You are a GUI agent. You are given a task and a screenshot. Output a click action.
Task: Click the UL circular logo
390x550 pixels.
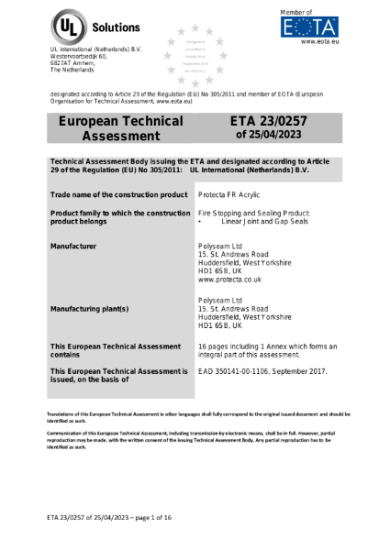(69, 25)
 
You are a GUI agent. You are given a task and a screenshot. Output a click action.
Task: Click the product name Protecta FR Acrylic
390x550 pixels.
(233, 196)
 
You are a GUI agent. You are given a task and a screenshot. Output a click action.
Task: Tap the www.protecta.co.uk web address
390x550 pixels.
(236, 279)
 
